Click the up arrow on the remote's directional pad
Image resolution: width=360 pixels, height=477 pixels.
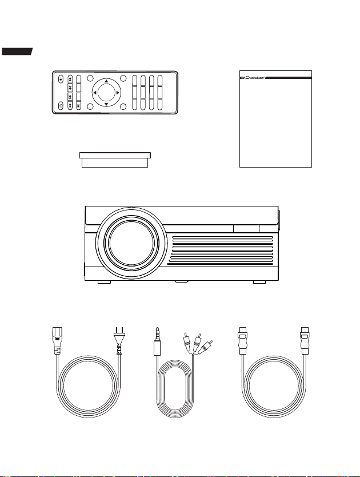pos(106,81)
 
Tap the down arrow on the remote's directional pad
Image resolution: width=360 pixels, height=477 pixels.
pos(106,104)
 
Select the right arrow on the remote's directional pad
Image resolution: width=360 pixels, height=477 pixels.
pos(118,93)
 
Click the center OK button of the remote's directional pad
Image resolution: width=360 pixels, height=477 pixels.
pos(106,93)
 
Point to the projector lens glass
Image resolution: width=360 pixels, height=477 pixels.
pos(131,243)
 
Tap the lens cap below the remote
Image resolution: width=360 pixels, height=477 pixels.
pos(115,160)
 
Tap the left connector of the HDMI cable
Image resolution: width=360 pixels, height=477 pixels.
pos(243,341)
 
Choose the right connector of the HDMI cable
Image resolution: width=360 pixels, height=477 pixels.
pos(305,341)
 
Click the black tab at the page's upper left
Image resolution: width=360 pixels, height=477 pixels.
pos(17,51)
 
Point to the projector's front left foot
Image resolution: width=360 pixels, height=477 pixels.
pos(105,282)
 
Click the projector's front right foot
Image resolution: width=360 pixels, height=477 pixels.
pos(259,282)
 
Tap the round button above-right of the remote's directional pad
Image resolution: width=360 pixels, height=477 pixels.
pos(123,78)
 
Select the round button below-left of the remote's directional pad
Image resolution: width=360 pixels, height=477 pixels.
pos(90,106)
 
